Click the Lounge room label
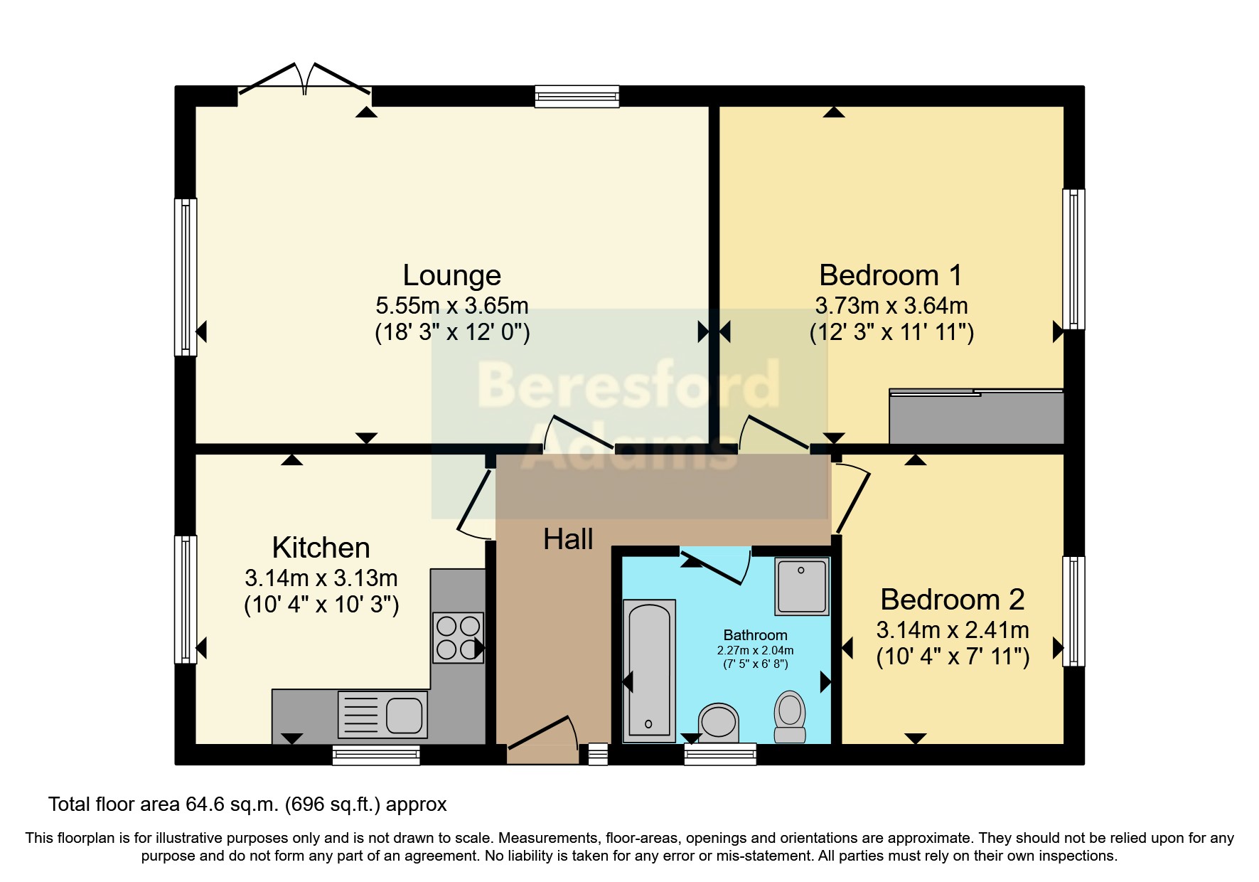pyautogui.click(x=451, y=275)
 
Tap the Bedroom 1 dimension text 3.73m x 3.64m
pyautogui.click(x=891, y=306)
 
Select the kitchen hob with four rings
pyautogui.click(x=459, y=638)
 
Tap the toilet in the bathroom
pyautogui.click(x=789, y=717)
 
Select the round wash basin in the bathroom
pyautogui.click(x=718, y=721)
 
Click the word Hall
pyautogui.click(x=567, y=539)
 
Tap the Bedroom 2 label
pyautogui.click(x=952, y=600)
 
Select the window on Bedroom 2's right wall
pyautogui.click(x=1073, y=611)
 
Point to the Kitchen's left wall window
pyautogui.click(x=186, y=599)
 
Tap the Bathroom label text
pyautogui.click(x=755, y=635)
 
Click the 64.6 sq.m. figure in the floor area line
pyautogui.click(x=232, y=804)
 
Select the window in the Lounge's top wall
pyautogui.click(x=577, y=96)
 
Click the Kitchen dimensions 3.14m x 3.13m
pyautogui.click(x=321, y=578)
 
